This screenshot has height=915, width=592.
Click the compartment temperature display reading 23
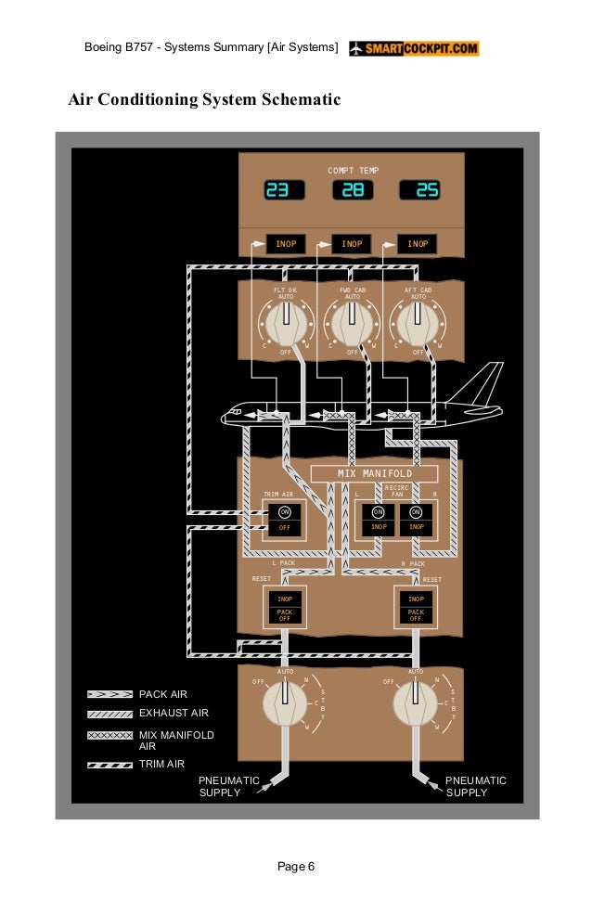click(284, 190)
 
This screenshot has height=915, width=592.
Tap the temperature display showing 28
click(353, 190)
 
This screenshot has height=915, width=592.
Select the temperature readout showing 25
click(419, 190)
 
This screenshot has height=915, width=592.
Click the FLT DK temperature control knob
click(287, 322)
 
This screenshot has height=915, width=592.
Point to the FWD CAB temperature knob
click(353, 322)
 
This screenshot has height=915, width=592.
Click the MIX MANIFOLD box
click(374, 473)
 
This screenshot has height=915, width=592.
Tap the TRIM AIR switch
click(285, 520)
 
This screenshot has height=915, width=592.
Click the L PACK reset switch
click(285, 607)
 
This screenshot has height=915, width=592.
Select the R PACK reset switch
click(416, 607)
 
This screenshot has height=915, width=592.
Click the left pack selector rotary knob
click(285, 702)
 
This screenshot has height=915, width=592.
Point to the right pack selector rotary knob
click(415, 702)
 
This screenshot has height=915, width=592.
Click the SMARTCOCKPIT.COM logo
click(414, 48)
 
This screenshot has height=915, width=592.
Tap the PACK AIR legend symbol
click(109, 694)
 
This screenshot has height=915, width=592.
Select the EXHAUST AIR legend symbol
click(109, 714)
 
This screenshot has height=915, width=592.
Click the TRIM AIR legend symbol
click(109, 765)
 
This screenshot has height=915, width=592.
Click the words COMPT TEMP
click(353, 171)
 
